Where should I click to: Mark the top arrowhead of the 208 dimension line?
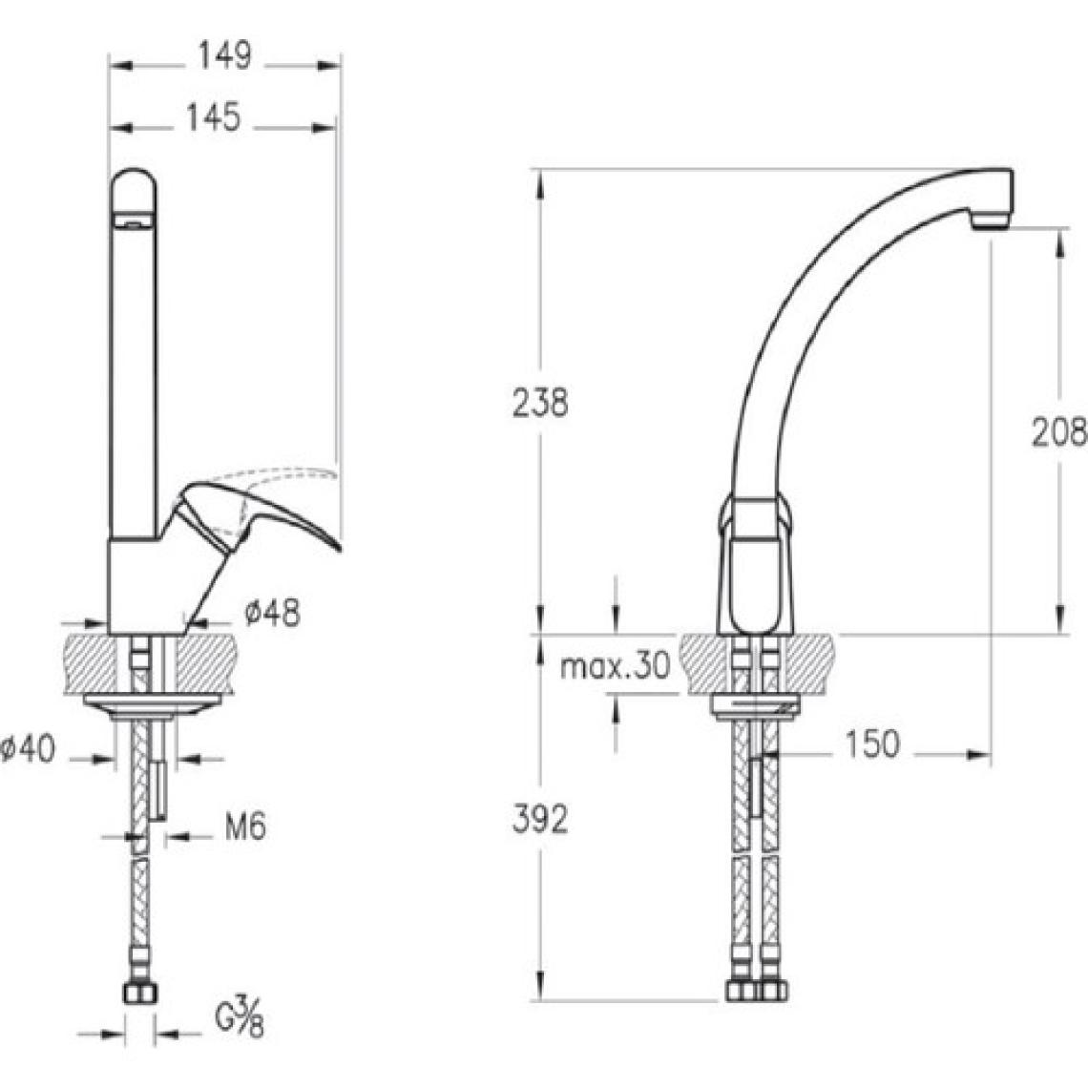[1059, 242]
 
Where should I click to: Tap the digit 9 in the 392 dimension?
[540, 820]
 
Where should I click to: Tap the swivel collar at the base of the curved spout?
[754, 514]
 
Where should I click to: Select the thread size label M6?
[245, 827]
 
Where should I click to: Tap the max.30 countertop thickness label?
[616, 666]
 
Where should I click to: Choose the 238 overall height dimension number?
[540, 403]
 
